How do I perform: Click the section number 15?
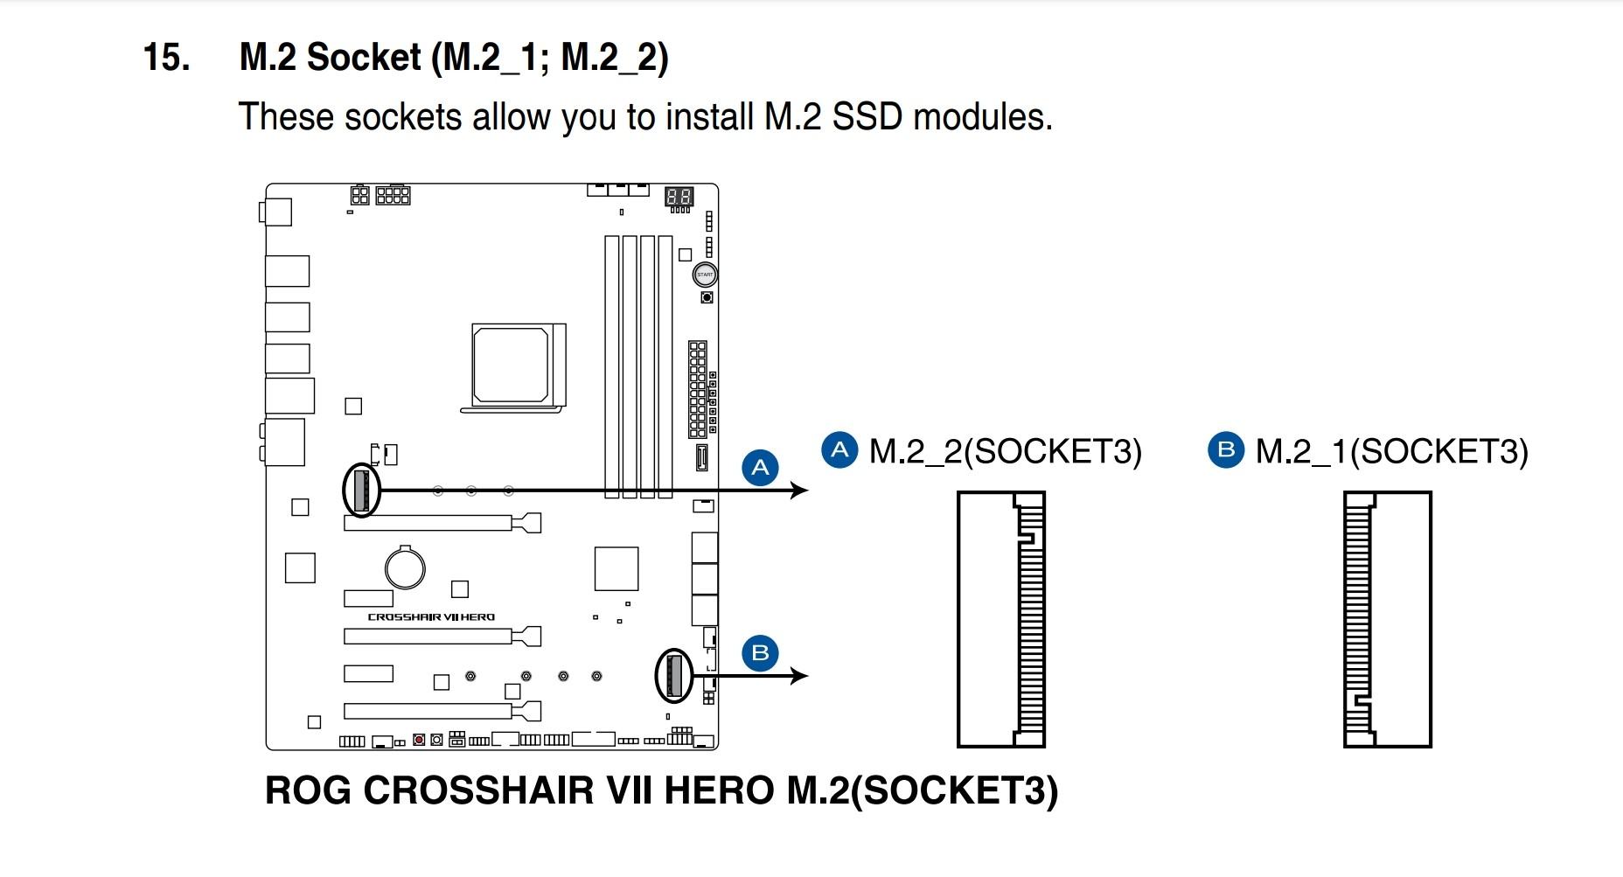[x=166, y=58]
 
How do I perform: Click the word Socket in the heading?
[x=364, y=58]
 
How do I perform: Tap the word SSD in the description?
[x=866, y=117]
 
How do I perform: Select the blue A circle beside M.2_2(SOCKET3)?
[x=839, y=450]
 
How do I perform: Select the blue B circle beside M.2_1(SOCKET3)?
[x=1225, y=450]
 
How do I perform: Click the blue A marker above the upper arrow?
[x=760, y=467]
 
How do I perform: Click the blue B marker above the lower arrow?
[x=760, y=653]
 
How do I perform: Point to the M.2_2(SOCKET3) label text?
[x=1006, y=451]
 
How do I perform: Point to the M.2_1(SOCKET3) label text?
[x=1392, y=451]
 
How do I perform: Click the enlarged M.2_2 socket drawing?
[x=1001, y=619]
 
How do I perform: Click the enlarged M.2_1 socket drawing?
[x=1388, y=619]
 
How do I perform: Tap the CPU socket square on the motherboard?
[x=512, y=365]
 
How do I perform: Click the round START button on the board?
[x=705, y=275]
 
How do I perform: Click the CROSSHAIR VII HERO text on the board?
[x=431, y=617]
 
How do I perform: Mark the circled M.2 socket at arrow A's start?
[x=361, y=490]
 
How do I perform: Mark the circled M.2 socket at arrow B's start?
[x=673, y=676]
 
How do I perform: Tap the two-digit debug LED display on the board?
[x=679, y=197]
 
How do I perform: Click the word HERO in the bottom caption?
[x=719, y=790]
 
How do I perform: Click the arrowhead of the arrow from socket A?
[x=798, y=491]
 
